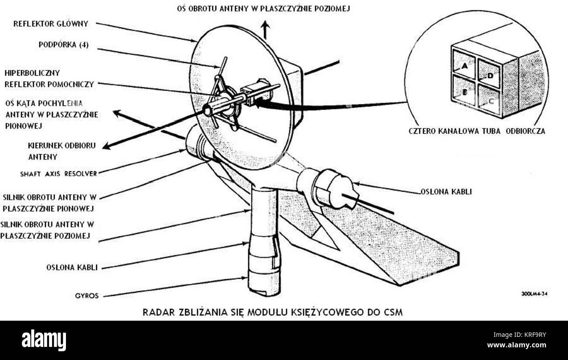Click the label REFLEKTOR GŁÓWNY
click(51, 24)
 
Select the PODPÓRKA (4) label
click(63, 45)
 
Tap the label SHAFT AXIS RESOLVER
click(58, 173)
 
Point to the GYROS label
click(87, 296)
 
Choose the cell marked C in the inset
click(490, 100)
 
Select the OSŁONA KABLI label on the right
click(446, 191)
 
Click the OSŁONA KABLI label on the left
click(72, 267)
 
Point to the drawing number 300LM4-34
click(534, 294)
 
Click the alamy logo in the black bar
click(44, 340)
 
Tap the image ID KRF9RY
click(541, 334)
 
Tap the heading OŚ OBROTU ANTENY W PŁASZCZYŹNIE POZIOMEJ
click(263, 8)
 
